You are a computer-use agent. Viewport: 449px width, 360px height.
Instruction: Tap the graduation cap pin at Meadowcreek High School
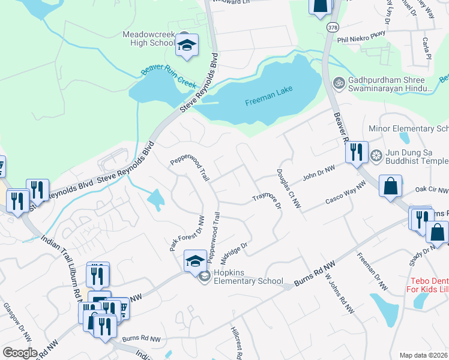187,45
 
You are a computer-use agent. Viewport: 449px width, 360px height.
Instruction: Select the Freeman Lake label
268,103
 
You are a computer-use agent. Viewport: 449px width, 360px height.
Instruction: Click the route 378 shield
333,28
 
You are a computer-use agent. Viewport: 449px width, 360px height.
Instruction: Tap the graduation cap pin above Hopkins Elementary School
194,261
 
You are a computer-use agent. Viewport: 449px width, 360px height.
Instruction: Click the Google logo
20,352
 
